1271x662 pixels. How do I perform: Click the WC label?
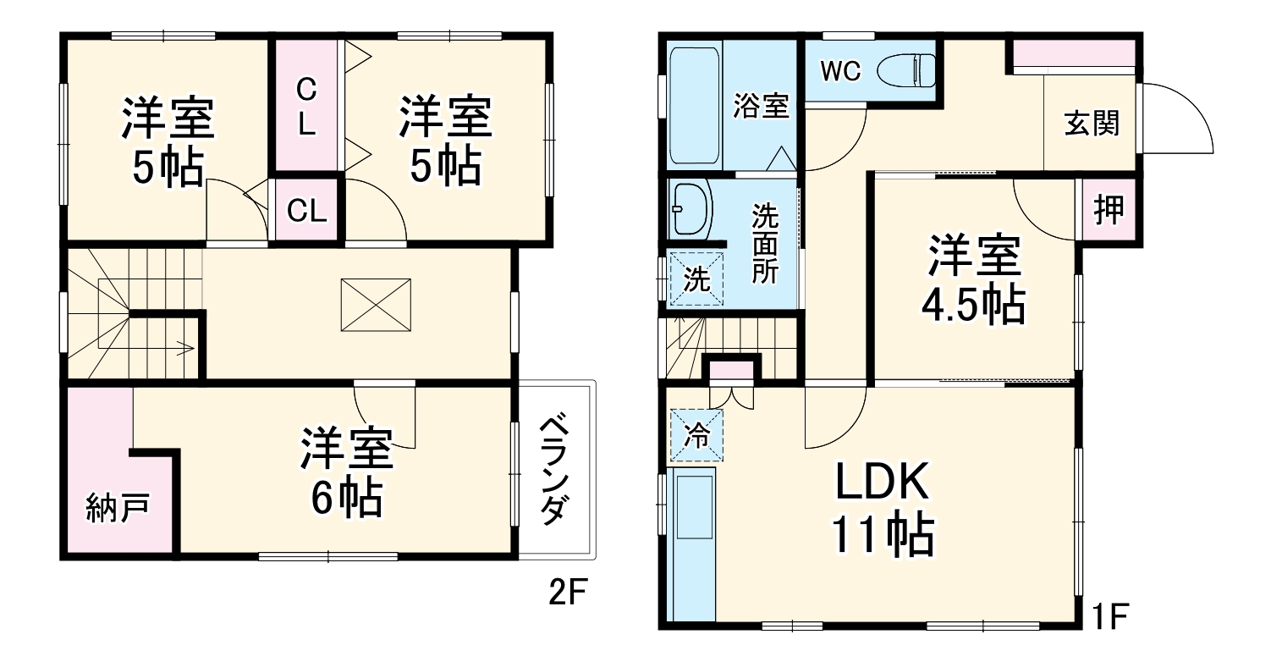[x=840, y=72]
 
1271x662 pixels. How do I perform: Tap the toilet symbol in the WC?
[x=906, y=71]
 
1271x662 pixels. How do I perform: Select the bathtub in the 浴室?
[x=694, y=107]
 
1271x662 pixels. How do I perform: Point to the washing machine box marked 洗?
[x=696, y=279]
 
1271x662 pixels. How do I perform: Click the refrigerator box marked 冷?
[x=696, y=435]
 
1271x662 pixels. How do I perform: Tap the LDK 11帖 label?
[x=883, y=508]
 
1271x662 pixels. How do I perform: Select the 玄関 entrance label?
[x=1092, y=124]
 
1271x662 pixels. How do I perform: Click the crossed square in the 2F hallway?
[x=376, y=305]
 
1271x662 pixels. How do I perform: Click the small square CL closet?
[x=306, y=210]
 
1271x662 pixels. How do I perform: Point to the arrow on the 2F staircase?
[x=182, y=345]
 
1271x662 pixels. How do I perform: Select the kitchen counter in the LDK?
[x=691, y=546]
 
